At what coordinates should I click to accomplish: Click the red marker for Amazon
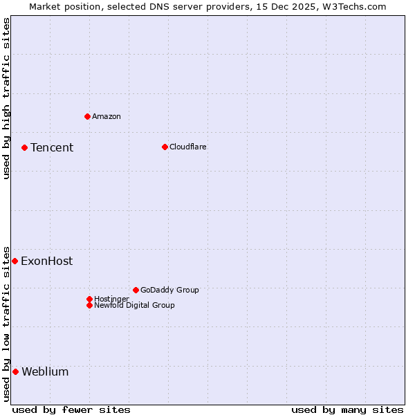(87, 116)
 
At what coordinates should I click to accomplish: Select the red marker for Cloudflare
(165, 147)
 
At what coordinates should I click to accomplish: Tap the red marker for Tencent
(24, 147)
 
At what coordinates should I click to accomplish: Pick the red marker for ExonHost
(15, 261)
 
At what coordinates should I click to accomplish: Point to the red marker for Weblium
(15, 371)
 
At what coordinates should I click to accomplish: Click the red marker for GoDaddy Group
(136, 290)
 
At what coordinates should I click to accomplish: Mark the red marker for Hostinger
(89, 299)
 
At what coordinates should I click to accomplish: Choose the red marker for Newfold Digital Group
(89, 305)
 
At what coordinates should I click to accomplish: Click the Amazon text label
(107, 116)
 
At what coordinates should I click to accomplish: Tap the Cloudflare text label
(188, 147)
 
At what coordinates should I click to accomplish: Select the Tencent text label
(52, 147)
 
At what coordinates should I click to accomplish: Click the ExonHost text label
(47, 261)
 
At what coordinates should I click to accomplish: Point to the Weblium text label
(46, 371)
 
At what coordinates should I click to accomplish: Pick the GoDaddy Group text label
(169, 290)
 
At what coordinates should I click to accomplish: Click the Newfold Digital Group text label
(135, 305)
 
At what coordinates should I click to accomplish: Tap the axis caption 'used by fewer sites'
(71, 409)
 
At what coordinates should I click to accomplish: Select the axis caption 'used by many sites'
(347, 409)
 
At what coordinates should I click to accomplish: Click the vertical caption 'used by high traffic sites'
(6, 98)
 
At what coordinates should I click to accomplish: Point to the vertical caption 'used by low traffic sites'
(6, 323)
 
